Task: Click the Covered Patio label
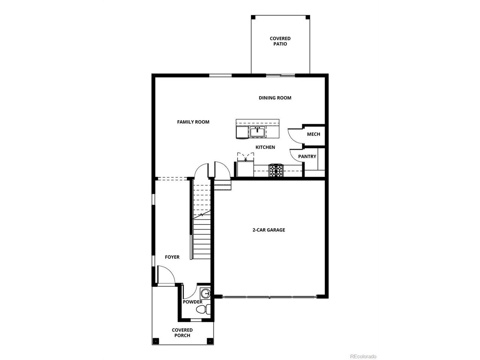(x=280, y=41)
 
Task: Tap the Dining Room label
(x=275, y=98)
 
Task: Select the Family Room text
(x=193, y=122)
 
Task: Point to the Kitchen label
(x=265, y=147)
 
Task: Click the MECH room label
(x=313, y=134)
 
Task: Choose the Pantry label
(x=307, y=156)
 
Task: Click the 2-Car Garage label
(x=269, y=230)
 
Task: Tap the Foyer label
(x=172, y=257)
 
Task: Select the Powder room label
(x=192, y=302)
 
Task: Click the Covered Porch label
(x=182, y=333)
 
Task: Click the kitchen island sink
(x=257, y=132)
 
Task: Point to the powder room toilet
(x=203, y=309)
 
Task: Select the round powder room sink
(x=205, y=293)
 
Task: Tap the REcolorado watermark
(x=363, y=350)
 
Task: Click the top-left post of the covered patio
(x=253, y=17)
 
